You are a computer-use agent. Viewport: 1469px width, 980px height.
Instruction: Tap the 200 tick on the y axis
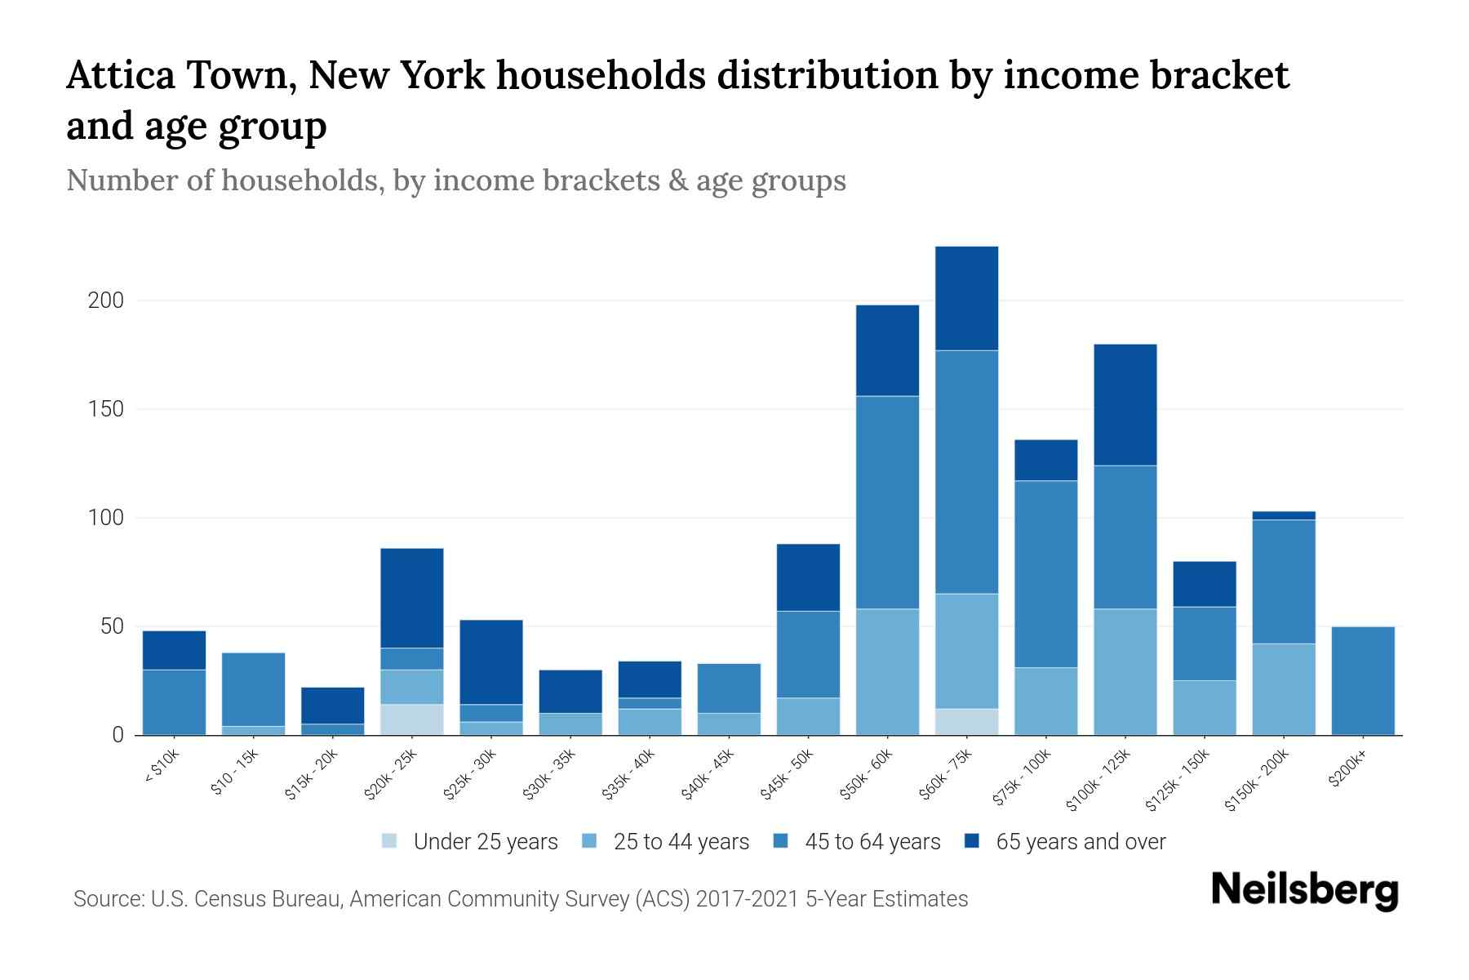pos(105,301)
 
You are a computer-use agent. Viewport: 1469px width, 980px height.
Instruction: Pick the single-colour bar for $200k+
pos(1363,680)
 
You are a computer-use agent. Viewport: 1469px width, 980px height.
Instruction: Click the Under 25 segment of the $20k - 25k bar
pos(412,719)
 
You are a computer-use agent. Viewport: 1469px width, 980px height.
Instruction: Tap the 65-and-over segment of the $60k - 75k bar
pos(966,298)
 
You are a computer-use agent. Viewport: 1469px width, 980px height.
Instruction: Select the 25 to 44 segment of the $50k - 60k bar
pos(887,671)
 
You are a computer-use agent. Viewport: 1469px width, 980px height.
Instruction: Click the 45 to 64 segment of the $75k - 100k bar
pos(1045,573)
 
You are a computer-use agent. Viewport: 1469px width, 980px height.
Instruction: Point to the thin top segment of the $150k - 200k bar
pos(1284,515)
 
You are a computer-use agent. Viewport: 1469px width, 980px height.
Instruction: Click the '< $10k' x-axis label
pos(162,768)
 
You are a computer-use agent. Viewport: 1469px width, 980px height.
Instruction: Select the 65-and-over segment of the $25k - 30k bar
pos(491,661)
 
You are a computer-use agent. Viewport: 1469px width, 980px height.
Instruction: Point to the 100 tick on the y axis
pos(105,518)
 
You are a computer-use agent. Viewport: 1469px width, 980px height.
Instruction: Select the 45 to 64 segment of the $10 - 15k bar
pos(254,688)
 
